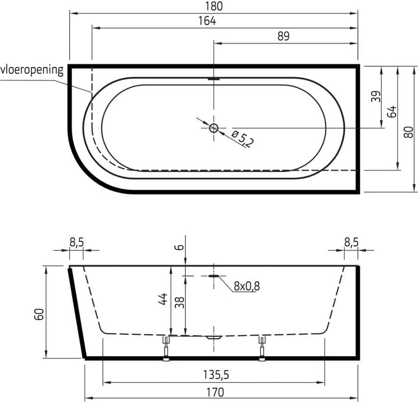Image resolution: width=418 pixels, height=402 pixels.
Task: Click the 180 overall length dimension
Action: click(213, 6)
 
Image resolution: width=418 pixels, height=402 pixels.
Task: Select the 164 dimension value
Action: click(207, 21)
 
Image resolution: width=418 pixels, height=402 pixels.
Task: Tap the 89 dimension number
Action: click(283, 36)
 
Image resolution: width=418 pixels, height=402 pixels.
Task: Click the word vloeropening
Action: click(32, 70)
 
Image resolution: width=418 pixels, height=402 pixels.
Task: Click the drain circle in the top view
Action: click(214, 128)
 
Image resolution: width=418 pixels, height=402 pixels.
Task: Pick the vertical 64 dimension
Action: click(392, 111)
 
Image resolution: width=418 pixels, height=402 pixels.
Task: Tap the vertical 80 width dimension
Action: click(408, 132)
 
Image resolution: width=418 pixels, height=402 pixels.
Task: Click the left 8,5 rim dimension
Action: click(76, 241)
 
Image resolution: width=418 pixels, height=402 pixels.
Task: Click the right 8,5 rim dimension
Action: click(351, 241)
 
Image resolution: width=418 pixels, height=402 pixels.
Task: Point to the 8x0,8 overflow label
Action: click(247, 286)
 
